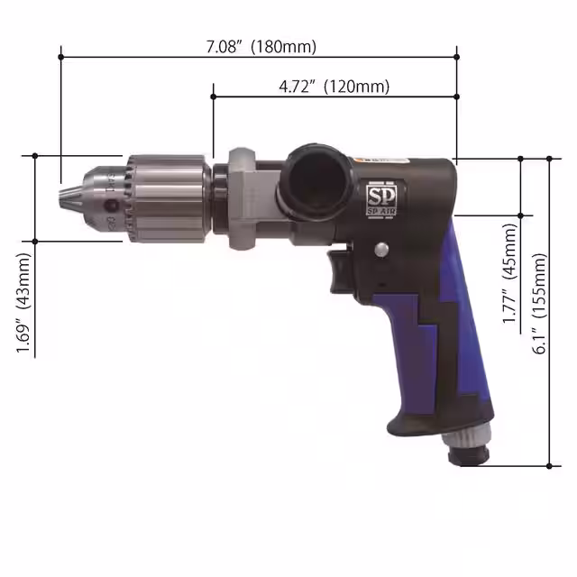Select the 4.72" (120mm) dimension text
pos(334,86)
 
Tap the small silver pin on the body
pos(383,251)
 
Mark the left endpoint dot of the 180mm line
pos(60,56)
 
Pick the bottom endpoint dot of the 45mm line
pos(521,214)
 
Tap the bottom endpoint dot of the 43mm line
pos(35,241)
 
